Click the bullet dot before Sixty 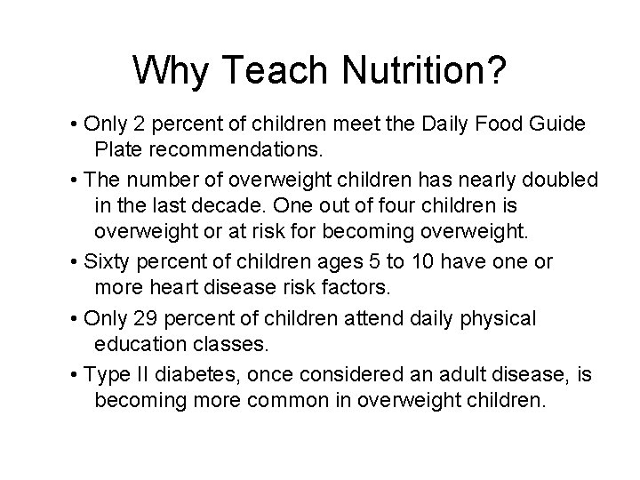click(x=75, y=263)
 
